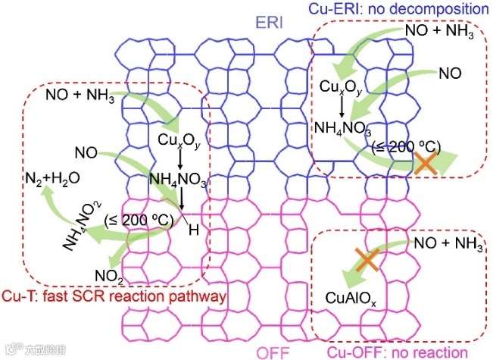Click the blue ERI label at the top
click(270, 23)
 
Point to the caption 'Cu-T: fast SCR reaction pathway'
click(115, 296)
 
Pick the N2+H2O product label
click(48, 180)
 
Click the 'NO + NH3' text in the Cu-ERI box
click(441, 33)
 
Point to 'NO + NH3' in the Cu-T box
click(80, 96)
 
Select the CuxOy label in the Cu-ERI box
click(348, 86)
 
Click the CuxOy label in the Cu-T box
click(179, 141)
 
